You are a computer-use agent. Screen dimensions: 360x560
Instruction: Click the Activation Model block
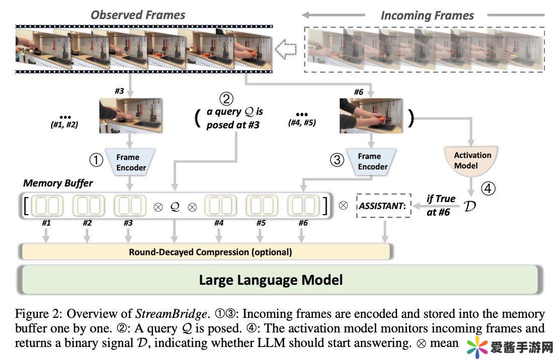point(472,161)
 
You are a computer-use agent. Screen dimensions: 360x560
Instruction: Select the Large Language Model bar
point(271,279)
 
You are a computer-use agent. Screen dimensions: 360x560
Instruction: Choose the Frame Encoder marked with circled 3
point(372,161)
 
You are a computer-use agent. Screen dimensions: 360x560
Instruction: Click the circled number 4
point(488,189)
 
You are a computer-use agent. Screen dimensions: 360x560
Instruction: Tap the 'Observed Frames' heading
point(138,15)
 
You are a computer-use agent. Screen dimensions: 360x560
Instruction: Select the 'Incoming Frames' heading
point(427,16)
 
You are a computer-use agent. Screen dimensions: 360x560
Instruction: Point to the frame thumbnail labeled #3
point(130,115)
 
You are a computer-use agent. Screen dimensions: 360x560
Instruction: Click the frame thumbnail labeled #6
point(371,115)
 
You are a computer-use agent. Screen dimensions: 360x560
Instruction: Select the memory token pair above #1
point(48,206)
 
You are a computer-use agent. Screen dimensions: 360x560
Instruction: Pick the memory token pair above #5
point(261,206)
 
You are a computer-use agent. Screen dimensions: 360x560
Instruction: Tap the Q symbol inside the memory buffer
point(175,206)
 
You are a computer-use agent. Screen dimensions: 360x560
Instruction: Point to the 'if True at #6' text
point(440,205)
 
